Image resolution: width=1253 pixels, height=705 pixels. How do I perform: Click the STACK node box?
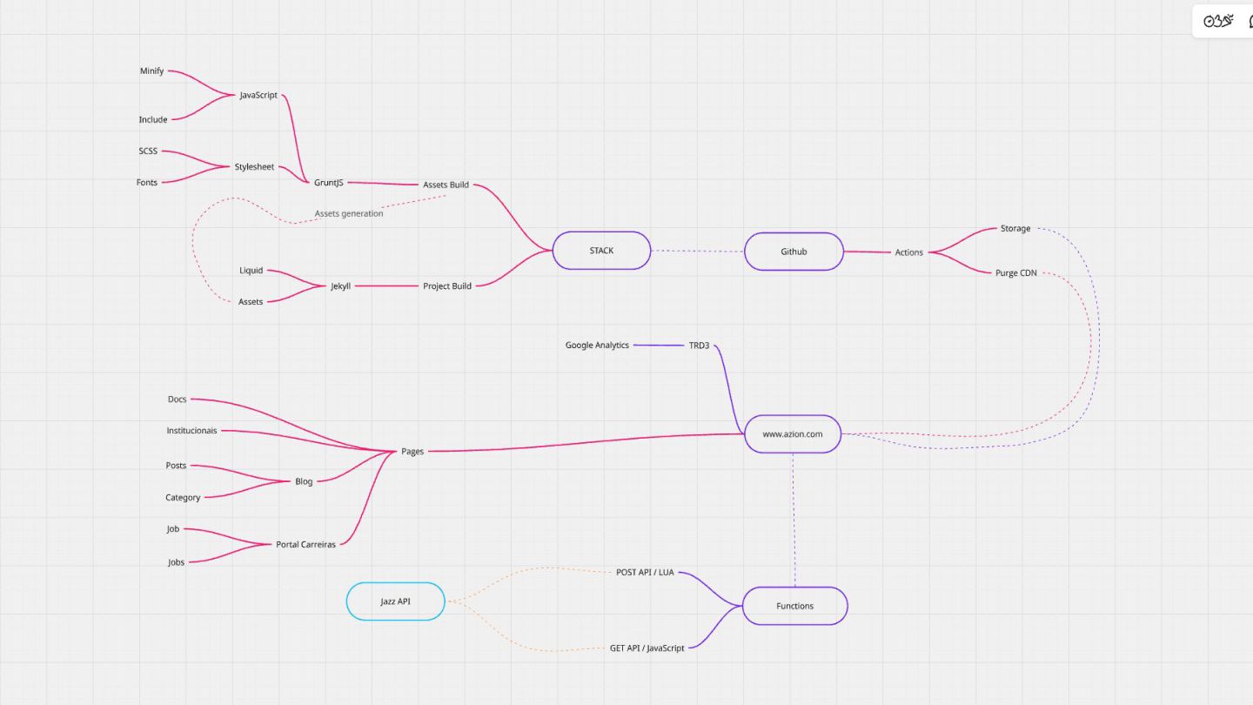pyautogui.click(x=601, y=251)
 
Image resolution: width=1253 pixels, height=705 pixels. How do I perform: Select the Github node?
pyautogui.click(x=794, y=252)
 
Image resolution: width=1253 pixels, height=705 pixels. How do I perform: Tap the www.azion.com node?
pyautogui.click(x=793, y=433)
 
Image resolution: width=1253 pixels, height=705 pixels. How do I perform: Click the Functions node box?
pyautogui.click(x=794, y=606)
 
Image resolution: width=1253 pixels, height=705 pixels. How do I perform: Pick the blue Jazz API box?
pyautogui.click(x=396, y=601)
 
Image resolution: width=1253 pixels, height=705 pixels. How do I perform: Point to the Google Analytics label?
pyautogui.click(x=597, y=346)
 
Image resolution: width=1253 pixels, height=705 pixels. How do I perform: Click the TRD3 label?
pyautogui.click(x=699, y=346)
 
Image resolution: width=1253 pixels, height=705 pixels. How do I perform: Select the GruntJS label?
pyautogui.click(x=329, y=183)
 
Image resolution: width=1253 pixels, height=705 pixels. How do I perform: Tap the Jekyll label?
pyautogui.click(x=340, y=285)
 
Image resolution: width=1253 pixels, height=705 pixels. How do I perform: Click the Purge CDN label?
pyautogui.click(x=1015, y=272)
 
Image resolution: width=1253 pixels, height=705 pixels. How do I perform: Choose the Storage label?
pyautogui.click(x=1015, y=229)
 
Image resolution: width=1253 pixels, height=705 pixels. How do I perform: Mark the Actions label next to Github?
pyautogui.click(x=908, y=252)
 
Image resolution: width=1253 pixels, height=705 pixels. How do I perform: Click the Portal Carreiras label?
pyautogui.click(x=305, y=545)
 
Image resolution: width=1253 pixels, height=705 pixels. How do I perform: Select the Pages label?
pyautogui.click(x=412, y=452)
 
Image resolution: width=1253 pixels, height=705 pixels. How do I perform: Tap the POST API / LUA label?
pyautogui.click(x=645, y=573)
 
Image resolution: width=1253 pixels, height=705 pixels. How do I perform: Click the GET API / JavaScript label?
pyautogui.click(x=647, y=648)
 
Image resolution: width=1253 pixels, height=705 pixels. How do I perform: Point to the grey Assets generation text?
pyautogui.click(x=349, y=213)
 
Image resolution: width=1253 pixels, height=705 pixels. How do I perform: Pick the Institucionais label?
pyautogui.click(x=191, y=431)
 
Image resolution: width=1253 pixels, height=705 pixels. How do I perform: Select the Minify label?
pyautogui.click(x=151, y=71)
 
